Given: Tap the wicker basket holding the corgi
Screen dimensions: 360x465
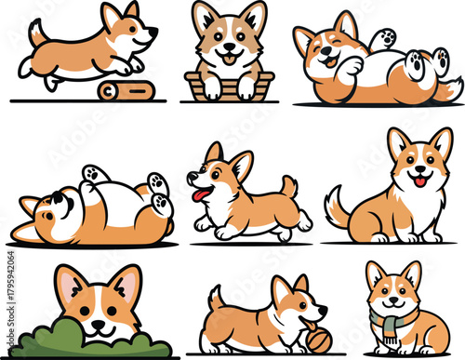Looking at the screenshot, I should point(229,86).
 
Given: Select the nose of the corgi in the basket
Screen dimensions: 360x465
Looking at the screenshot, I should point(229,47).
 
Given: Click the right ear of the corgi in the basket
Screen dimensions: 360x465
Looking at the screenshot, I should point(254,16).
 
